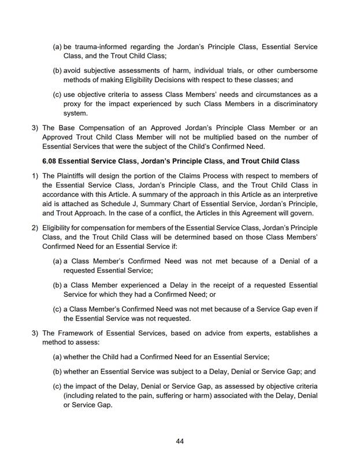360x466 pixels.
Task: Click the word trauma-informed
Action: point(102,46)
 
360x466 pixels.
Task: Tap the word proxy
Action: point(75,104)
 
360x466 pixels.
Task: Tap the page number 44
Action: point(180,441)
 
